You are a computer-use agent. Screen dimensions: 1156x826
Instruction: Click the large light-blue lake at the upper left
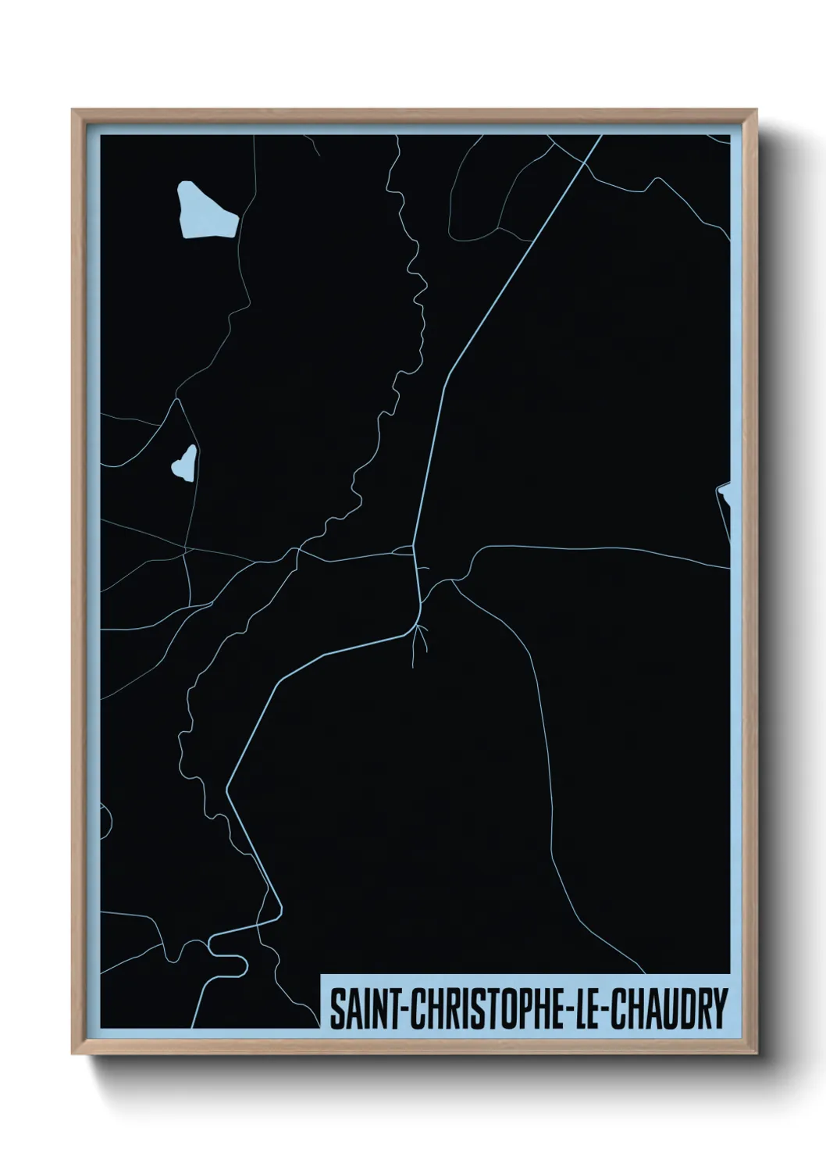pyautogui.click(x=205, y=211)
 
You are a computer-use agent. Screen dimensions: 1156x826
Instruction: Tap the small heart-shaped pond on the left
pyautogui.click(x=184, y=463)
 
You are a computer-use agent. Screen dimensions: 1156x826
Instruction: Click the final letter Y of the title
pyautogui.click(x=719, y=1009)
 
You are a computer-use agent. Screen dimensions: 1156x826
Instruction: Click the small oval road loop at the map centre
pyautogui.click(x=403, y=551)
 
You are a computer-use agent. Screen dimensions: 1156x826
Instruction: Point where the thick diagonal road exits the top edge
pyautogui.click(x=601, y=136)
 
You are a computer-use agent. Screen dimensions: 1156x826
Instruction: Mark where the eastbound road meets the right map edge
pyautogui.click(x=729, y=568)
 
